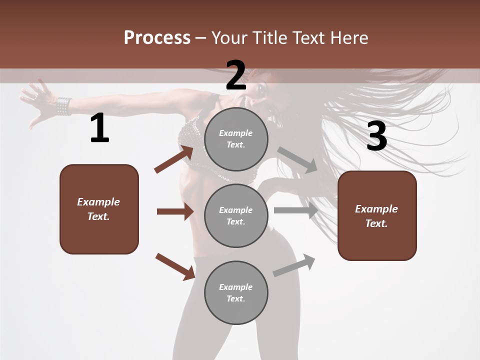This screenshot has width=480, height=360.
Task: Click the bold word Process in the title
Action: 157,38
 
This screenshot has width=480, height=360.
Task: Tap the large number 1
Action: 99,128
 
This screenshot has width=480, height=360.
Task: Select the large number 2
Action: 236,75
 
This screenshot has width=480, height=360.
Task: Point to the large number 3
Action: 376,136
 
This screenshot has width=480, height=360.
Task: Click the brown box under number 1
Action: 99,209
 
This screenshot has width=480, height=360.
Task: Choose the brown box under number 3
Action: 377,216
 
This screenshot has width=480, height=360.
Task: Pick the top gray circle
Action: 236,139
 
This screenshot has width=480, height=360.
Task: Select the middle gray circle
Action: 236,216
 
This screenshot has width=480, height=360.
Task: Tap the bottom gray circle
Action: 236,293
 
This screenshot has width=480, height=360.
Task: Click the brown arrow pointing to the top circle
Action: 174,159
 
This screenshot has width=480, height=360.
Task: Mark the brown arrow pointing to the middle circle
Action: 175,211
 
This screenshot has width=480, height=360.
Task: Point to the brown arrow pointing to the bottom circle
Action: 175,266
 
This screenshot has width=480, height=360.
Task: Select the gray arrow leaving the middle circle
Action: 296,210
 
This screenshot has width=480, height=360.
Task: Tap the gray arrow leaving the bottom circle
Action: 294,265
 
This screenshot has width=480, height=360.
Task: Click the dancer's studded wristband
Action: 63,106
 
